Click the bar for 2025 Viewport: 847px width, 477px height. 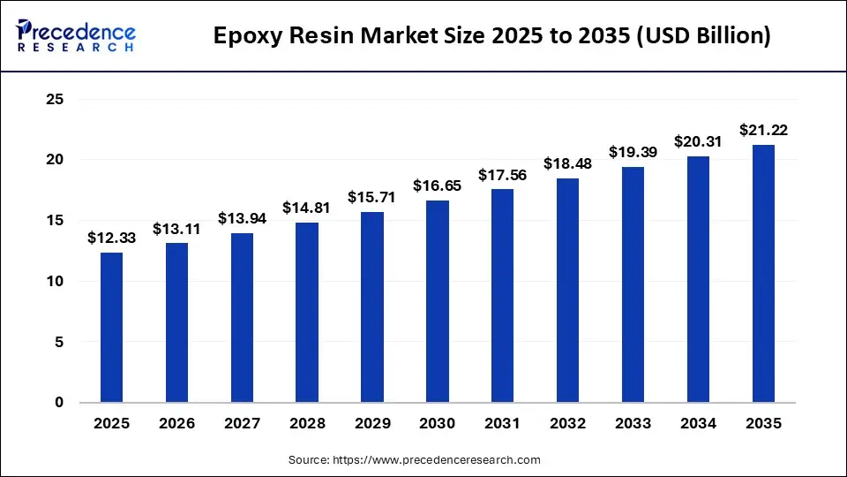pyautogui.click(x=111, y=328)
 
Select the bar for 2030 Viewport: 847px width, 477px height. pyautogui.click(x=438, y=301)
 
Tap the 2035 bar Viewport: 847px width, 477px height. pyautogui.click(x=764, y=274)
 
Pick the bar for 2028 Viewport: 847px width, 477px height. pyautogui.click(x=307, y=313)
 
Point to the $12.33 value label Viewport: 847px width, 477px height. pyautogui.click(x=111, y=238)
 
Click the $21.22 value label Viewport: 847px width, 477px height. pyautogui.click(x=764, y=130)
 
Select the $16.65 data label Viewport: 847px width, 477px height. pyautogui.click(x=438, y=185)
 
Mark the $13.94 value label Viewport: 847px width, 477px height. pyautogui.click(x=242, y=218)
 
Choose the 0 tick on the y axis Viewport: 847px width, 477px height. pyautogui.click(x=59, y=403)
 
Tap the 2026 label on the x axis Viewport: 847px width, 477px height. pyautogui.click(x=176, y=424)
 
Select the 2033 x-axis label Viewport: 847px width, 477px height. pyautogui.click(x=633, y=424)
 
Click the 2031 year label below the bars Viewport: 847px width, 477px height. pyautogui.click(x=503, y=424)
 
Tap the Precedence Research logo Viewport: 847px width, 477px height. pyautogui.click(x=76, y=36)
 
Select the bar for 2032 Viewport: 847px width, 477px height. pyautogui.click(x=568, y=291)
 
